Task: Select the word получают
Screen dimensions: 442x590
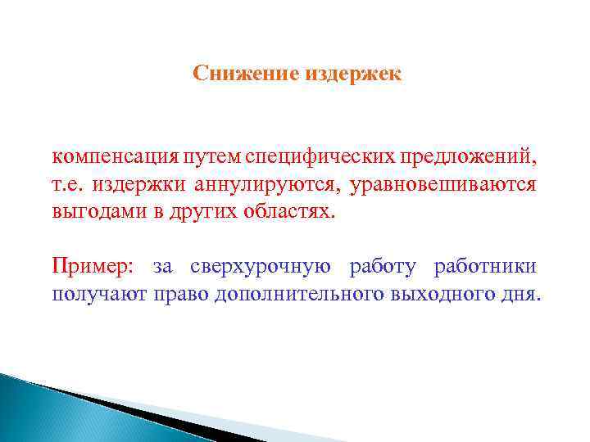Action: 98,295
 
